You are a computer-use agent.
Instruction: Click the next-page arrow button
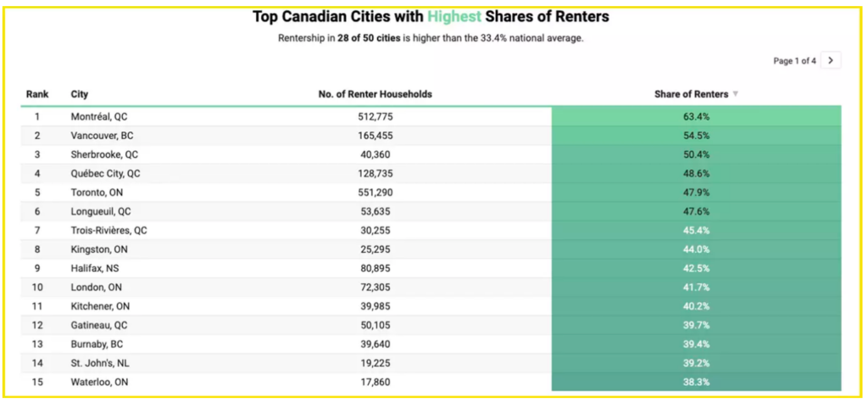[x=831, y=60]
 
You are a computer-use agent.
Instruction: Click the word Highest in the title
[x=455, y=17]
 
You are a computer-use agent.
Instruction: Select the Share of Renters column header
[x=691, y=94]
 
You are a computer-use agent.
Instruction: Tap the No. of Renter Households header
[x=375, y=94]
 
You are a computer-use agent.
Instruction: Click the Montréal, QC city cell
[x=99, y=116]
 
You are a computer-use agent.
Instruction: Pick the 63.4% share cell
[x=696, y=116]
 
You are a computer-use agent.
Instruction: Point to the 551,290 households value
[x=376, y=193]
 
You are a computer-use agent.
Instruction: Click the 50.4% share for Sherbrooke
[x=696, y=154]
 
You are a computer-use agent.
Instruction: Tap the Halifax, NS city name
[x=94, y=268]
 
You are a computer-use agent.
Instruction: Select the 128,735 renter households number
[x=376, y=173]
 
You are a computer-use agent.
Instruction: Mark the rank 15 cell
[x=37, y=382]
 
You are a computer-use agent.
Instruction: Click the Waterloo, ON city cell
[x=98, y=382]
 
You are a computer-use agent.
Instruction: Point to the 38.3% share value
[x=696, y=382]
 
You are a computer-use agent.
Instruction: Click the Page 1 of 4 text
[x=794, y=61]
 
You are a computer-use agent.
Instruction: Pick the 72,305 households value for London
[x=376, y=287]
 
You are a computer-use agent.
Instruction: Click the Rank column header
[x=37, y=94]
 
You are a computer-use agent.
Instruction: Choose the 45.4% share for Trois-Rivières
[x=696, y=230]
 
